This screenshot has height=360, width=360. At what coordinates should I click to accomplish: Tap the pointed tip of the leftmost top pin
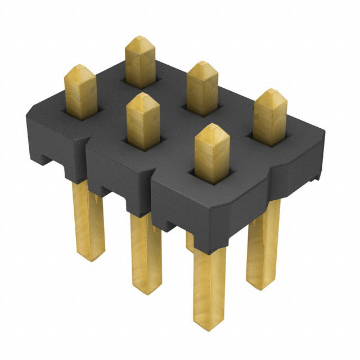click(80, 72)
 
